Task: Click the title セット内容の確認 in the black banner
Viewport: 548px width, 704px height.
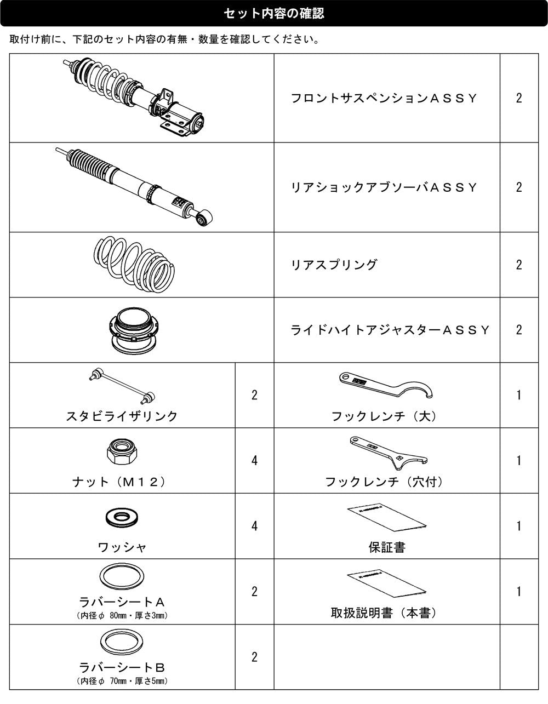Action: tap(274, 13)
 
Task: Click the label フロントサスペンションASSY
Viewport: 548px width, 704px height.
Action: tap(384, 98)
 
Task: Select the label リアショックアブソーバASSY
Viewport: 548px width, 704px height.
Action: tap(384, 187)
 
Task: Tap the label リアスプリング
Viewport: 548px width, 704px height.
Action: tap(334, 265)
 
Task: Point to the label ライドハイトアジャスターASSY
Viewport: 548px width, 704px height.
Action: tap(390, 330)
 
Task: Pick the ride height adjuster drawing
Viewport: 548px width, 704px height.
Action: tap(134, 330)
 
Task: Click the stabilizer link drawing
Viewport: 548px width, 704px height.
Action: tap(122, 386)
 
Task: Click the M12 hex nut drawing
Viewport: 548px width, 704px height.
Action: tap(122, 452)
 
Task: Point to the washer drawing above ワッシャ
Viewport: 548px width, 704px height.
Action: tap(122, 517)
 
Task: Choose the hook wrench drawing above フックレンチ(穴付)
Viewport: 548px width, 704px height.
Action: tap(389, 453)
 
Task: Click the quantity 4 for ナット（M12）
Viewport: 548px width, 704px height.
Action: tap(255, 460)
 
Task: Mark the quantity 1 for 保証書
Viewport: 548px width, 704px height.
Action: tap(519, 526)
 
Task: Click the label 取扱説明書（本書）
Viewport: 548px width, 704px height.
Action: tap(384, 613)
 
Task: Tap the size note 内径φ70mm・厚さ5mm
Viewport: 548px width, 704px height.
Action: tap(122, 681)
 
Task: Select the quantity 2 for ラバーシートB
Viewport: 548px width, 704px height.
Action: tap(255, 657)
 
